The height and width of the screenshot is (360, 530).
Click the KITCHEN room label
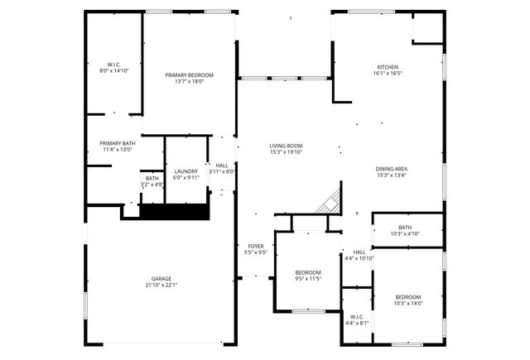(388, 66)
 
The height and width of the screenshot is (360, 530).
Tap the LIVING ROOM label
(286, 146)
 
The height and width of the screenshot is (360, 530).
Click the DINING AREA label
(392, 169)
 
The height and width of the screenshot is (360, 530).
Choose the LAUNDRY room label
(185, 171)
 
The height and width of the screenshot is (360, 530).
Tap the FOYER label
(256, 246)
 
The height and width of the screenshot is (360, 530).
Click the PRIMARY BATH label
(118, 143)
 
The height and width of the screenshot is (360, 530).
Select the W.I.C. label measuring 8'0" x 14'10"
(114, 65)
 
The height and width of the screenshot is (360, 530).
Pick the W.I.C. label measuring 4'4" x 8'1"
(358, 316)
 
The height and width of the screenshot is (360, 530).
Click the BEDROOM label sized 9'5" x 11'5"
(308, 273)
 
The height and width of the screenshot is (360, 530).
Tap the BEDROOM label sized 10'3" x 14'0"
(408, 297)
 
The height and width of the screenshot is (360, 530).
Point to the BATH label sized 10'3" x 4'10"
(405, 228)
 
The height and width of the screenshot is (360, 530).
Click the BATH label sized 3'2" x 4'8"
(152, 178)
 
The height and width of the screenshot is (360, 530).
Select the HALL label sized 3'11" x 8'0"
(222, 166)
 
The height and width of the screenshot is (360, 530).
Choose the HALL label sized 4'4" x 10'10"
(359, 252)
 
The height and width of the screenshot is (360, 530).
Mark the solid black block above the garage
(172, 212)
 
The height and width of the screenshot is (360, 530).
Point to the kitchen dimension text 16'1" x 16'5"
(388, 73)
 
